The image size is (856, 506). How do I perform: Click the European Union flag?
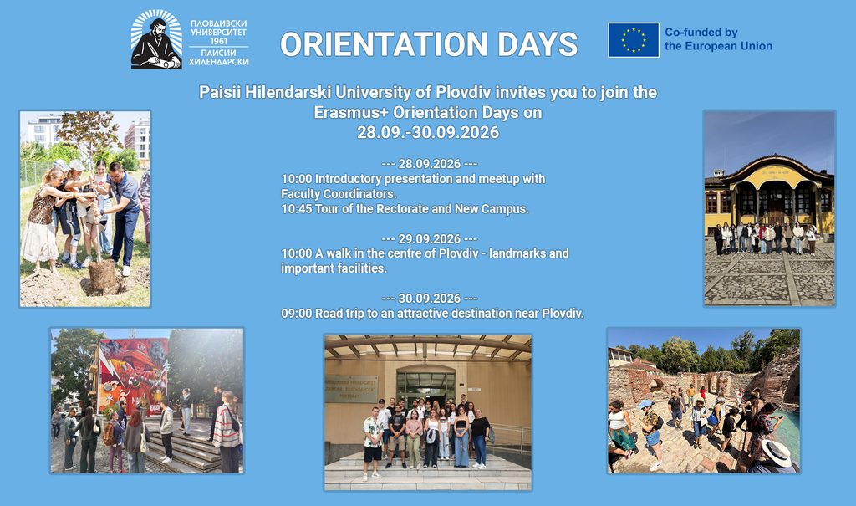coord(634,40)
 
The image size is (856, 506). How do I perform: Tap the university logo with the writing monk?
coord(156,39)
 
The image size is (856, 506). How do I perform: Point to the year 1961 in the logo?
coord(218,42)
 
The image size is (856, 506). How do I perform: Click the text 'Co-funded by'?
coord(701,33)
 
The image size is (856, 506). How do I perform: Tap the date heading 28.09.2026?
coord(429,164)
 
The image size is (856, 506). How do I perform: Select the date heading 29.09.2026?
coord(429,239)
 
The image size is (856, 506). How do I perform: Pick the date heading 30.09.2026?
coord(429,299)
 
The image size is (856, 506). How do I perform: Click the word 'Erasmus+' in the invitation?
coord(351,113)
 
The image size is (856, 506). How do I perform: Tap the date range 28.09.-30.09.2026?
coord(428,132)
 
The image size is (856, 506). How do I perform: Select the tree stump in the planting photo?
coord(102,274)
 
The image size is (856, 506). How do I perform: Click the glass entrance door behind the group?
coord(425,386)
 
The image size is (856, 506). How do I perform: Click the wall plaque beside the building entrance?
coord(352,389)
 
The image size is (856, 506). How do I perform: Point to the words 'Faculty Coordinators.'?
coord(339,194)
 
